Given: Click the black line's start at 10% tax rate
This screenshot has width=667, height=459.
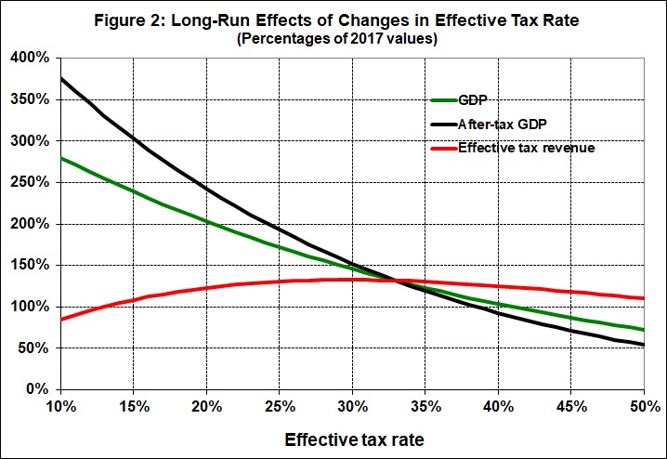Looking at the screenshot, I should pyautogui.click(x=61, y=79).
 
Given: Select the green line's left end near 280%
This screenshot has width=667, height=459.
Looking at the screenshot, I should pyautogui.click(x=61, y=158).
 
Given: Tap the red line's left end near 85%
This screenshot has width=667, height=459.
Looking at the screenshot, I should pyautogui.click(x=61, y=319).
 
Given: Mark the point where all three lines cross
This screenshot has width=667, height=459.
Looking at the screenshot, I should pyautogui.click(x=398, y=281).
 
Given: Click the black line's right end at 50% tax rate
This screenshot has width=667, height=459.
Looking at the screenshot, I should pyautogui.click(x=643, y=345).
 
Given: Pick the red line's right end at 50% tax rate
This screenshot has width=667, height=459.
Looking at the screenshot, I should pyautogui.click(x=643, y=298).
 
